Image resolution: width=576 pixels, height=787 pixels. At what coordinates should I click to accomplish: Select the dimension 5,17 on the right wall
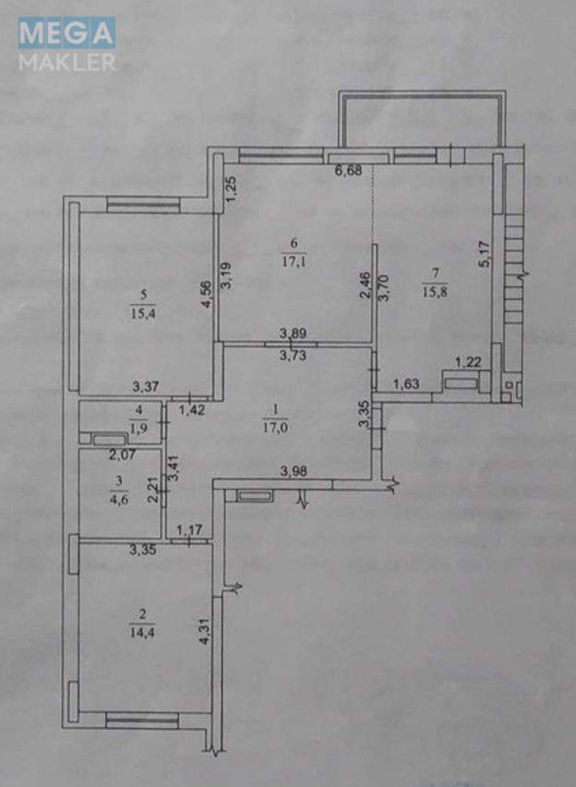coord(483,256)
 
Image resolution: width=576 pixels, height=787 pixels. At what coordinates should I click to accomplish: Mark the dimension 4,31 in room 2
coord(204,629)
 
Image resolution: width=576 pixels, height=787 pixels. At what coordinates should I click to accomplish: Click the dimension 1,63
coord(405,385)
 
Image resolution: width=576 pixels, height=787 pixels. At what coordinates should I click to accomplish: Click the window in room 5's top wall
coord(143,206)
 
